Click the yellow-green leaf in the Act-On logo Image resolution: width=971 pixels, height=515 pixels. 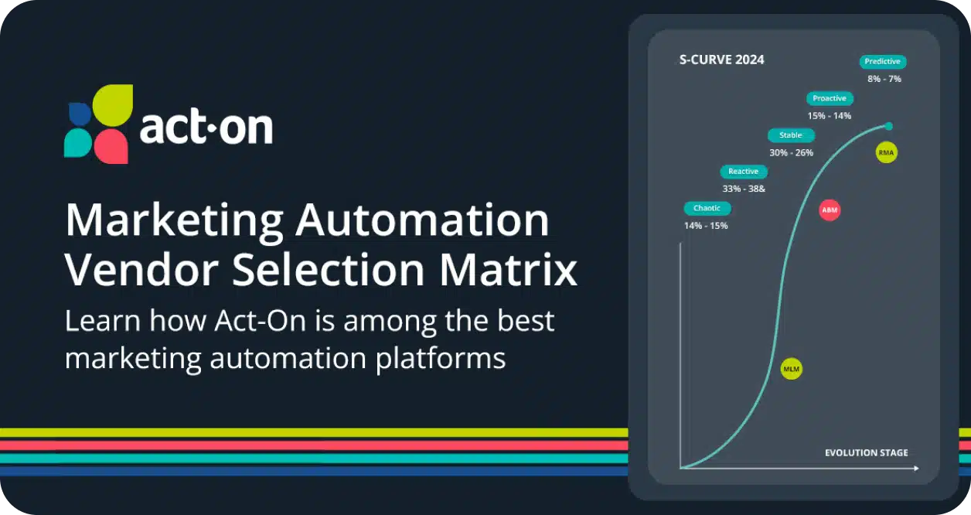[113, 105]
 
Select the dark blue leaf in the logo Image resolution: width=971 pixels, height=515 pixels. [80, 114]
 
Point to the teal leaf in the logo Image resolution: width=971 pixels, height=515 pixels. [78, 142]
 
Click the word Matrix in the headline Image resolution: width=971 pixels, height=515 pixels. [508, 270]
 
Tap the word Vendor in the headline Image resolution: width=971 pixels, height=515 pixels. [141, 270]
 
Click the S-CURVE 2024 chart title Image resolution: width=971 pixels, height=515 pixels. [722, 60]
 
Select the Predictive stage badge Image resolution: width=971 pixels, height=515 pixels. [883, 62]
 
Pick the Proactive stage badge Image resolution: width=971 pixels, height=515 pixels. [830, 98]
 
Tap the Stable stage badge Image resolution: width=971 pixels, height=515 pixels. [791, 135]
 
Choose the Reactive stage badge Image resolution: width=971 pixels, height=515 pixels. [744, 172]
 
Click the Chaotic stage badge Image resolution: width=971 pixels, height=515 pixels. [707, 209]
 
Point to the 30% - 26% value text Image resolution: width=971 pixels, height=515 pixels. [791, 152]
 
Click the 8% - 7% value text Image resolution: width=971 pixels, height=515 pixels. [884, 79]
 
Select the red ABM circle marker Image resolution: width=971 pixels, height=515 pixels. [830, 210]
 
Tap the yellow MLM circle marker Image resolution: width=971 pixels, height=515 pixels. [791, 369]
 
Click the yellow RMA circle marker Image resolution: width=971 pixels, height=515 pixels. [886, 152]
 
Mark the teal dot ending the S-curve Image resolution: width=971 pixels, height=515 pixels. [888, 126]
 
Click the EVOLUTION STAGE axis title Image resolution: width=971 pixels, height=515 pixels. [866, 453]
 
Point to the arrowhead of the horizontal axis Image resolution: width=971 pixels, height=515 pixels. [916, 468]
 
